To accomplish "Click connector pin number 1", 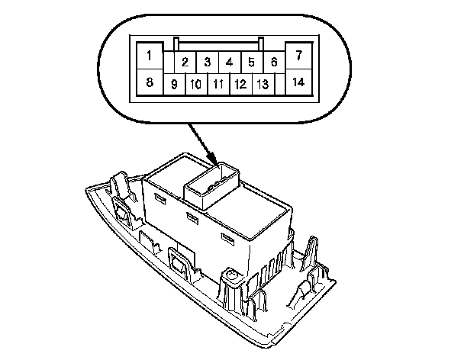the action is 150,56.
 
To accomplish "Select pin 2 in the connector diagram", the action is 185,62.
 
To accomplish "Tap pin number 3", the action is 207,62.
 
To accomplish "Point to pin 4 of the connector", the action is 229,62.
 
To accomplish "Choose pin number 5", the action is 251,62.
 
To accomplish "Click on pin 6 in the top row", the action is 272,62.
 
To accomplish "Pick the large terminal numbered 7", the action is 298,56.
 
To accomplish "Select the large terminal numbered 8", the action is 150,82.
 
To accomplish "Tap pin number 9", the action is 174,83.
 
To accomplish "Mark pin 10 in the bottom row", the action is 196,83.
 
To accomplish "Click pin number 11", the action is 218,83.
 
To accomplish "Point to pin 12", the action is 240,83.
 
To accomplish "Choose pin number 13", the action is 262,83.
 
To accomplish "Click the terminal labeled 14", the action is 298,82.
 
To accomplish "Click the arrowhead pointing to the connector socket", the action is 214,161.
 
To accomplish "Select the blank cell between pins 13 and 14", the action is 279,83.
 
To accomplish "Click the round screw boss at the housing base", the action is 228,272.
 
